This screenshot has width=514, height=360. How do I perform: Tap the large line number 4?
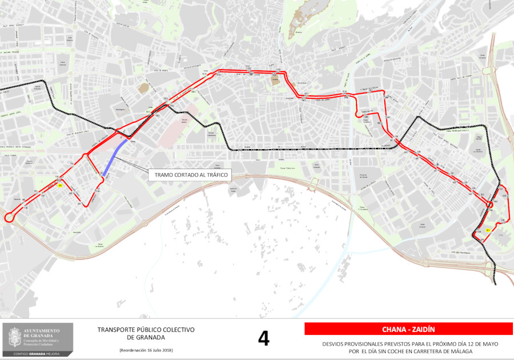[263, 338]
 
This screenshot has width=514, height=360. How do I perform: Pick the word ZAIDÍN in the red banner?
[424, 329]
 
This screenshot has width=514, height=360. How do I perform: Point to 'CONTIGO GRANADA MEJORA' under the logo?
[37, 354]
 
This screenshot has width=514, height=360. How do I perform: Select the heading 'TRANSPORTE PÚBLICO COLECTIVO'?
[146, 330]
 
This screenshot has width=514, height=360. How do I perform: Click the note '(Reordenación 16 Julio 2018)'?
[146, 350]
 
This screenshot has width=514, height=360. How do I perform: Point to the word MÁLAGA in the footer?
[461, 351]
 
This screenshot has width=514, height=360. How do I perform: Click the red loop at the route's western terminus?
[10, 218]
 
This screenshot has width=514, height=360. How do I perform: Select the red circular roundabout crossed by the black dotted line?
[489, 204]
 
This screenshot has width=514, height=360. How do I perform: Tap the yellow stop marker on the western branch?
[60, 185]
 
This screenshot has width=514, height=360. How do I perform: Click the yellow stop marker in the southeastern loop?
[488, 230]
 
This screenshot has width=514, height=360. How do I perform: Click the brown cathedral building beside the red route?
[275, 79]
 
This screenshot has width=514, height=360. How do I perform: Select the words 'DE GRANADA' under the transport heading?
[146, 337]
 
